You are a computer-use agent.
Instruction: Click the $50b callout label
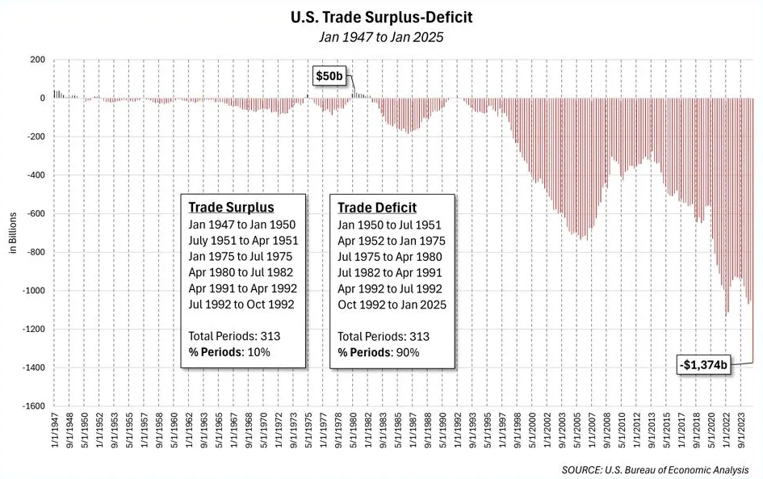click(329, 76)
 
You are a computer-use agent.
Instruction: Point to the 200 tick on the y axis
click(36, 60)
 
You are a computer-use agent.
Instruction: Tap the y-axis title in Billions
click(13, 233)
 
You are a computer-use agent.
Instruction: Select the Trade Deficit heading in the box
click(376, 208)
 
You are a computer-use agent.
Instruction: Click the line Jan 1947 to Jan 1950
click(242, 225)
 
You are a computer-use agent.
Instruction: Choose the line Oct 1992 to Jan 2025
click(392, 305)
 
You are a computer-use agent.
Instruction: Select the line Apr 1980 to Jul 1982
click(241, 272)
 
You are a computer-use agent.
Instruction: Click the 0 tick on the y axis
click(41, 99)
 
